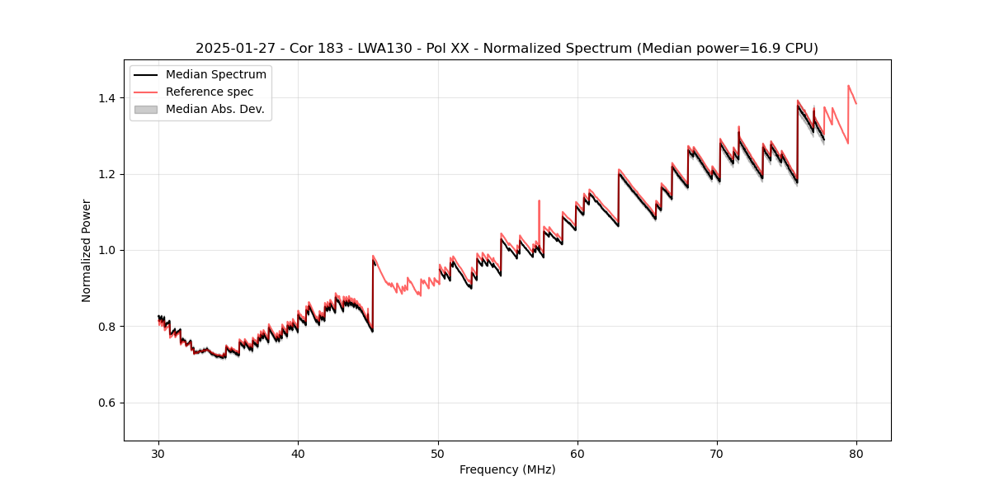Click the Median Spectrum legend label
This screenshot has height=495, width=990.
215,75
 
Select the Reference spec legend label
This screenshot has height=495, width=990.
210,92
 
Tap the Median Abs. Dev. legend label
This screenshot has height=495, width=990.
214,109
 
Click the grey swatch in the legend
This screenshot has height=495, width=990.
145,109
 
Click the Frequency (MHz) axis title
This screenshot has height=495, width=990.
507,469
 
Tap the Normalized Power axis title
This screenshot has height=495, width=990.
87,250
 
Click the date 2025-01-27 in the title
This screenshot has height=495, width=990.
235,49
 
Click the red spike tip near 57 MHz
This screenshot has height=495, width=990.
539,200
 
